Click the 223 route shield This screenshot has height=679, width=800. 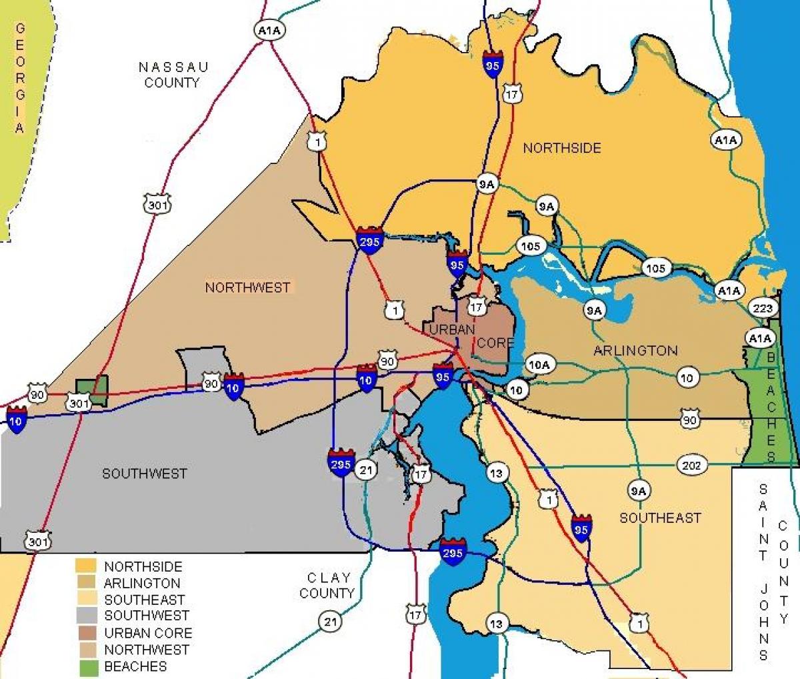tap(763, 307)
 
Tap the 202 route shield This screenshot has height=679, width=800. tap(691, 465)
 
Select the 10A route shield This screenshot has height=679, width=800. tap(539, 364)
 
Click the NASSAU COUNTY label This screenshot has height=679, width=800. tap(173, 75)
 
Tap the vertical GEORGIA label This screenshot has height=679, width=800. tap(20, 77)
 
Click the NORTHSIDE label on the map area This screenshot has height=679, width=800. tap(561, 148)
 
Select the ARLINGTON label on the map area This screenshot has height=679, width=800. tap(635, 350)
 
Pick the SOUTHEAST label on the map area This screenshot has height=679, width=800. tap(660, 518)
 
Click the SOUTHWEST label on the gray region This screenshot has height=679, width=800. tap(144, 474)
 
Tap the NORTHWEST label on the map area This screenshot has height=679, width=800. tap(247, 287)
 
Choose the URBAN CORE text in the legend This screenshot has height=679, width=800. tap(148, 633)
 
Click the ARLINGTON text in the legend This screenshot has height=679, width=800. tap(142, 583)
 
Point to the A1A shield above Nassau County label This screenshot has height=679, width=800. tap(269, 30)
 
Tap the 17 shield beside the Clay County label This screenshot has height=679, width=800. tap(415, 614)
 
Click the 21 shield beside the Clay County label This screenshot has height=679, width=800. tap(329, 622)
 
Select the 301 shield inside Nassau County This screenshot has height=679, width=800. tap(157, 205)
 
